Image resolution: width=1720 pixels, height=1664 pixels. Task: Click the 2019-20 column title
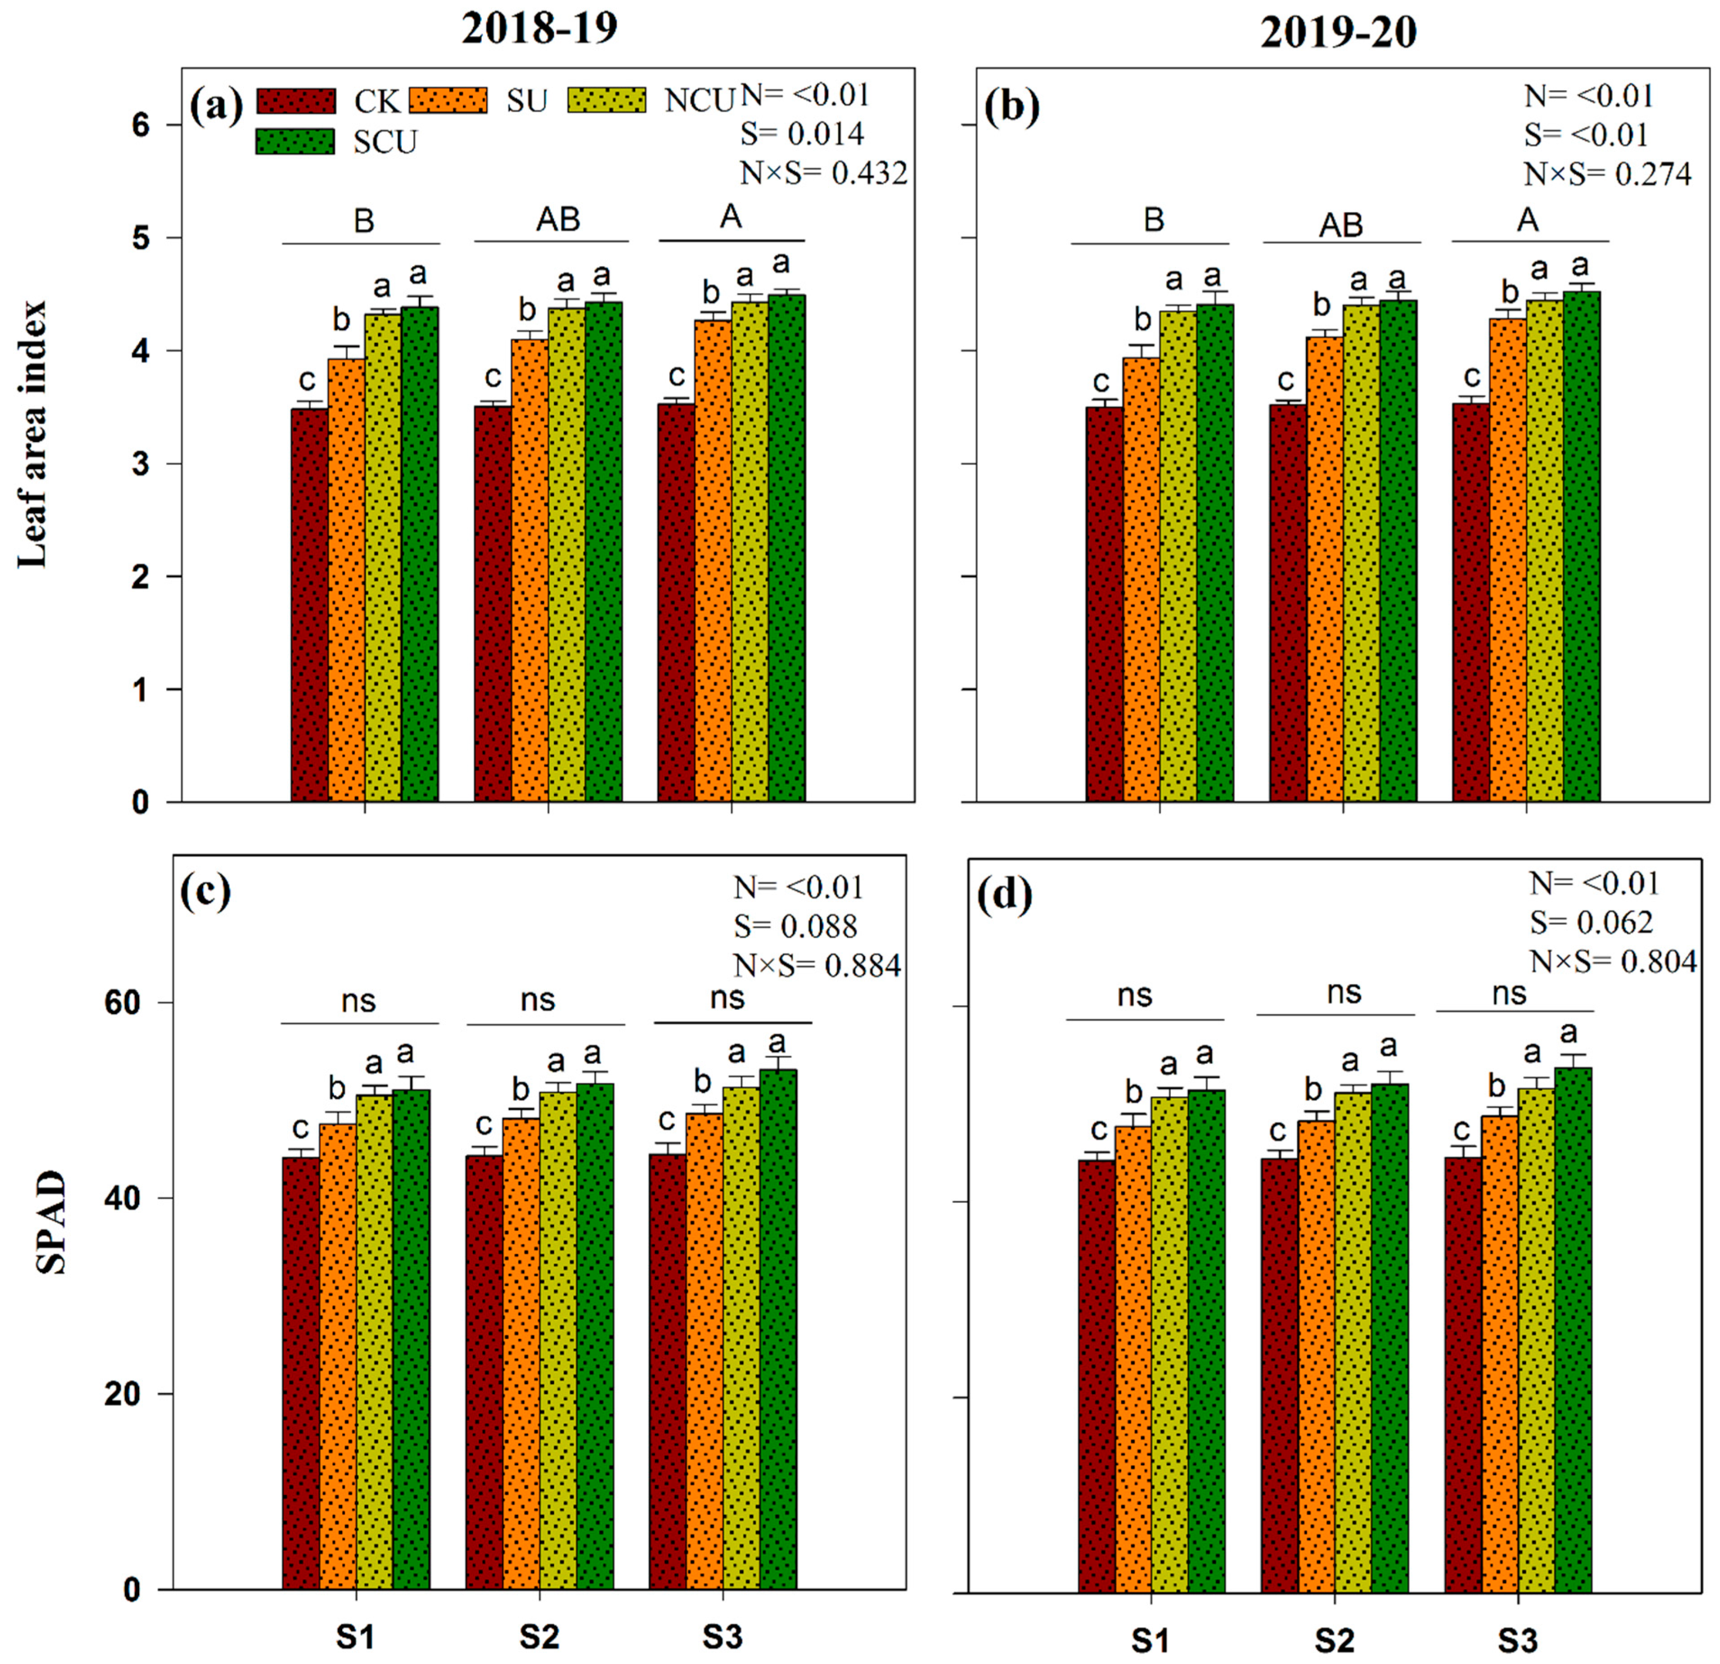1338,33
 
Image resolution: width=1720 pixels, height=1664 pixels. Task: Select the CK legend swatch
296,101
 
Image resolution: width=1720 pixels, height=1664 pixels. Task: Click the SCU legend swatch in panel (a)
295,141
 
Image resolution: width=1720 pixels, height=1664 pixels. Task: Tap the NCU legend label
699,101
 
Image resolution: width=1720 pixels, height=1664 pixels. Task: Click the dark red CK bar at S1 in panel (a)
310,606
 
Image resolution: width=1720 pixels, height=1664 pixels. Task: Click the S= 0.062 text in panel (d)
1591,922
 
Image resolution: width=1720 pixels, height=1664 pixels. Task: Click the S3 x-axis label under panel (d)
1517,1640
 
